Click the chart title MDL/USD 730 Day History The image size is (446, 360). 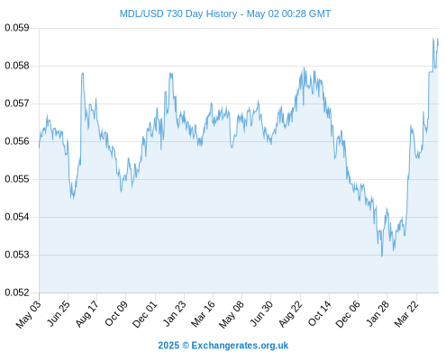click(x=178, y=13)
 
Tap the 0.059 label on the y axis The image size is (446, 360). click(x=17, y=28)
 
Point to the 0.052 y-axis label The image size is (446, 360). click(x=17, y=292)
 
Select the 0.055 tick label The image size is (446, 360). click(x=17, y=179)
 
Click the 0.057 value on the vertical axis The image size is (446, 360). click(x=17, y=103)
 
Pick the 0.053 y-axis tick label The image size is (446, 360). click(x=17, y=255)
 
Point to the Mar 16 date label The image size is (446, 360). click(x=204, y=313)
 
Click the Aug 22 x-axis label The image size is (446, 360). click(x=291, y=313)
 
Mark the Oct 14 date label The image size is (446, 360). click(x=320, y=313)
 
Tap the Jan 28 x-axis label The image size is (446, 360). click(x=378, y=313)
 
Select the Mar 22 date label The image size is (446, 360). click(x=406, y=313)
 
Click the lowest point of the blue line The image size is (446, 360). click(x=382, y=256)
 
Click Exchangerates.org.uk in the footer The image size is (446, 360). click(x=240, y=346)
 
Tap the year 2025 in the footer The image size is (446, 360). click(x=168, y=346)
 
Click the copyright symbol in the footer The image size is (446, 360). click(x=186, y=346)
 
